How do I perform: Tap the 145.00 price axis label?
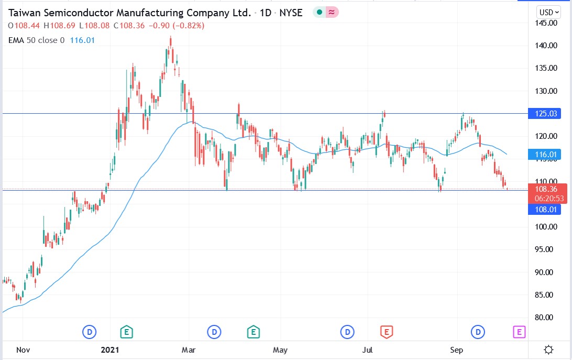(546, 23)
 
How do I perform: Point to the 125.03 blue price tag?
(546, 113)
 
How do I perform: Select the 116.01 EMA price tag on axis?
(546, 155)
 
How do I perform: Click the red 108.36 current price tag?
(546, 189)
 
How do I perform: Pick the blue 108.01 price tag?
(546, 210)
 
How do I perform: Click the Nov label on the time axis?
(23, 349)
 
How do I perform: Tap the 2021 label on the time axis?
(109, 349)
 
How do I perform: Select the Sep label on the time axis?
(458, 349)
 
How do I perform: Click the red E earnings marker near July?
(386, 331)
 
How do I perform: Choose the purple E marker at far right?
(519, 331)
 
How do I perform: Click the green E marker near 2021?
(126, 331)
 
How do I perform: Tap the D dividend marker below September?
(478, 331)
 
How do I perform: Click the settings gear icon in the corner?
(549, 350)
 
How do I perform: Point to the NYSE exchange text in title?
(291, 13)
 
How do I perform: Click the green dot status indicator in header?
(318, 13)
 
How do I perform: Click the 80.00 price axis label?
(546, 317)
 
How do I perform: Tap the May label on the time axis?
(280, 349)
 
